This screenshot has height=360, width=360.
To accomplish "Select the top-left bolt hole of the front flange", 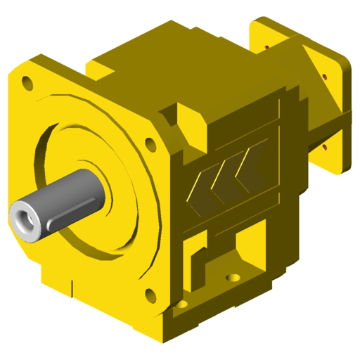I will point(27,84).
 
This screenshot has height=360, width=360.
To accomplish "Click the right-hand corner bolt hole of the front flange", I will point(150,143).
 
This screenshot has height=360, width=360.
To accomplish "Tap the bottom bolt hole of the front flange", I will point(148,293).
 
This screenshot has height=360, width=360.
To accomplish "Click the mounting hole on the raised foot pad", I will point(231,276).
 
